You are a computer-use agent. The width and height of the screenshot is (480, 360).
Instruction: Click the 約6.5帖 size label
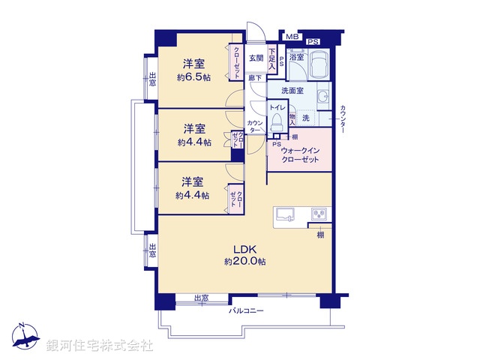point(194,76)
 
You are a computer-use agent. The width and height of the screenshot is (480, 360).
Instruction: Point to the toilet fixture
point(276,122)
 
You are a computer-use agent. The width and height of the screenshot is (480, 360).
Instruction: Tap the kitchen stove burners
point(320,214)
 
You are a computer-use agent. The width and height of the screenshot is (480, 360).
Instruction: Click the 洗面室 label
point(292,91)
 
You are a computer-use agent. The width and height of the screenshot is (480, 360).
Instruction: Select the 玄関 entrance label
point(256,58)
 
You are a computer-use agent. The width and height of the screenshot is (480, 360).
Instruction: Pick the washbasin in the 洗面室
point(322,97)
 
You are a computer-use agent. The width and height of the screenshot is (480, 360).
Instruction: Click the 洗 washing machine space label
point(306,118)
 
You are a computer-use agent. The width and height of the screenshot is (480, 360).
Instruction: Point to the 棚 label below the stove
point(320,235)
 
